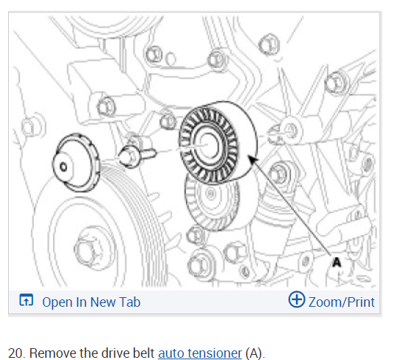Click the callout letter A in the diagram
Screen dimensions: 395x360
(x=337, y=262)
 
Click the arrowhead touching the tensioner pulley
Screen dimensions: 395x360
(x=253, y=160)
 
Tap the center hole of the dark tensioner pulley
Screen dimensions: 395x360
(x=208, y=145)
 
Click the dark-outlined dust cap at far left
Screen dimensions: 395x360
(x=76, y=163)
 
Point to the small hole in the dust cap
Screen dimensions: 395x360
(x=63, y=167)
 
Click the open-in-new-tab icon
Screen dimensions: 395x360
(x=26, y=300)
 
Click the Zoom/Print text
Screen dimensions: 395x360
(x=341, y=302)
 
